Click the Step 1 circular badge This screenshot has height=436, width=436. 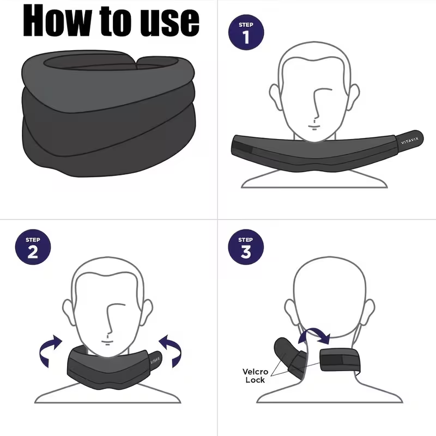(x=246, y=34)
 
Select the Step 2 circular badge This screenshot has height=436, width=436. (x=32, y=248)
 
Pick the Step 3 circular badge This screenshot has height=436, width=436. (x=246, y=248)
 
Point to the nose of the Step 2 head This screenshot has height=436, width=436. (x=111, y=327)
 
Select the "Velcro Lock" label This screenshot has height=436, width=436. (x=254, y=376)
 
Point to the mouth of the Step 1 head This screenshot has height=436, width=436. (x=315, y=127)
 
